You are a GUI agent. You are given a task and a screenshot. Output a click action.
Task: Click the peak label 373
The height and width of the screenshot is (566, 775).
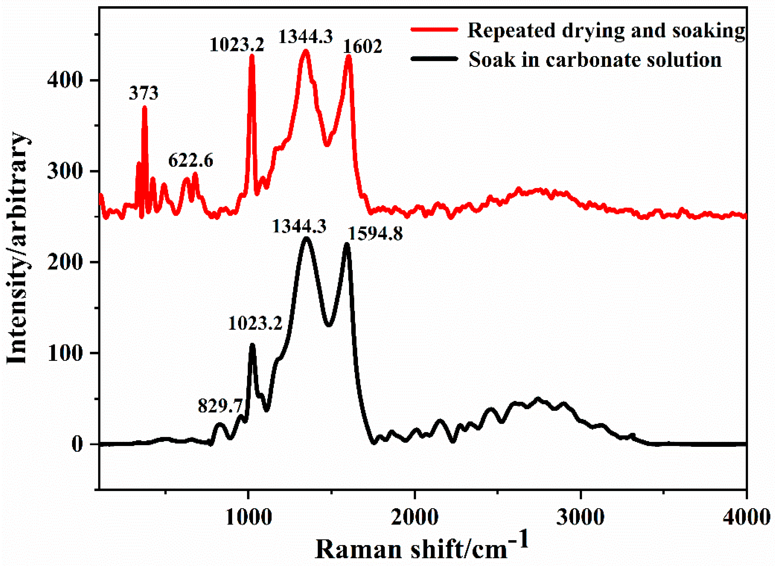pyautogui.click(x=144, y=93)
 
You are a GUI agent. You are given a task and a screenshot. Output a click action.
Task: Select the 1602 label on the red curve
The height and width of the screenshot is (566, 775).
pyautogui.click(x=363, y=46)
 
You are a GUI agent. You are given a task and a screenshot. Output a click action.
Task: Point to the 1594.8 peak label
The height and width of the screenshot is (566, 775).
pyautogui.click(x=375, y=234)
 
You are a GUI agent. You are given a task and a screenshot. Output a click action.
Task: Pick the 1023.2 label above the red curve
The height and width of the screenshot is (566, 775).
pyautogui.click(x=237, y=45)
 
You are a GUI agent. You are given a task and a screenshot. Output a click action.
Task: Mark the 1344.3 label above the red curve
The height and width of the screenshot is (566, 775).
pyautogui.click(x=306, y=36)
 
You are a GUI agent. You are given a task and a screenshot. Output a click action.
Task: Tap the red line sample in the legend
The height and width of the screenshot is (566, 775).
pyautogui.click(x=434, y=30)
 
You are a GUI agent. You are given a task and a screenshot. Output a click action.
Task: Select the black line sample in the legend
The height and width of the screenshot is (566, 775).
pyautogui.click(x=434, y=59)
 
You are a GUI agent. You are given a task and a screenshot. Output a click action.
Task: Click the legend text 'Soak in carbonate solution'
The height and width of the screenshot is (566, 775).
pyautogui.click(x=595, y=60)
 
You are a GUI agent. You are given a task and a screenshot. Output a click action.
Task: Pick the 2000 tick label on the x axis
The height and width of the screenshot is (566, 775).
pyautogui.click(x=415, y=517)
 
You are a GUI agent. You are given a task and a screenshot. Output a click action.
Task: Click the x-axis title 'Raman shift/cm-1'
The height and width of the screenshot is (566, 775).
pyautogui.click(x=421, y=548)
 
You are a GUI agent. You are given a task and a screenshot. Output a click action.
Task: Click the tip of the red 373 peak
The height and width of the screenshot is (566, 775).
pyautogui.click(x=144, y=107)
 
